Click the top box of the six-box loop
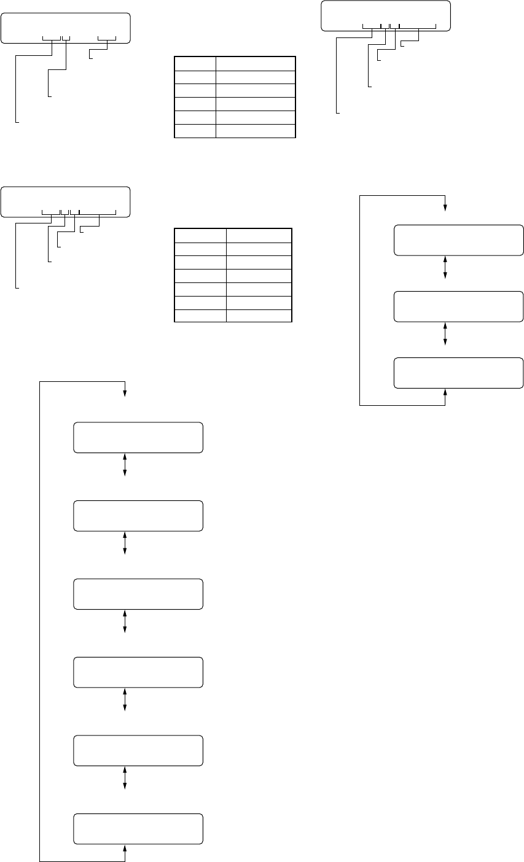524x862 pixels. (x=138, y=437)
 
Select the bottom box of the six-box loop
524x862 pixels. (x=138, y=829)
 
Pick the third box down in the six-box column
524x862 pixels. (x=138, y=594)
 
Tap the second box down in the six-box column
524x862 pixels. (x=138, y=515)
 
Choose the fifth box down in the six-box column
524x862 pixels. (x=138, y=750)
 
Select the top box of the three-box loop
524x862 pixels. (x=458, y=240)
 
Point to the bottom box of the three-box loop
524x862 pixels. (x=458, y=373)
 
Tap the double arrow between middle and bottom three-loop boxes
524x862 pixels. (x=445, y=334)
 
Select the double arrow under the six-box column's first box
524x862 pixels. (x=125, y=465)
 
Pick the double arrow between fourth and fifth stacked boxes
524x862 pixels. (x=125, y=700)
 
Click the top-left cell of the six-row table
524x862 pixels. (x=195, y=63)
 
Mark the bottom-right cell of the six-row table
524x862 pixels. (x=255, y=131)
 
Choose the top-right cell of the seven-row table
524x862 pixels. (x=259, y=235)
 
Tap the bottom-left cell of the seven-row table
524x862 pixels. (x=200, y=316)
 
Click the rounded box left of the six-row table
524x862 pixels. (x=65, y=28)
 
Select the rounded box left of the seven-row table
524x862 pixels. (x=65, y=201)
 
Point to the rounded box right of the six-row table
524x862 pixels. (x=386, y=16)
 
